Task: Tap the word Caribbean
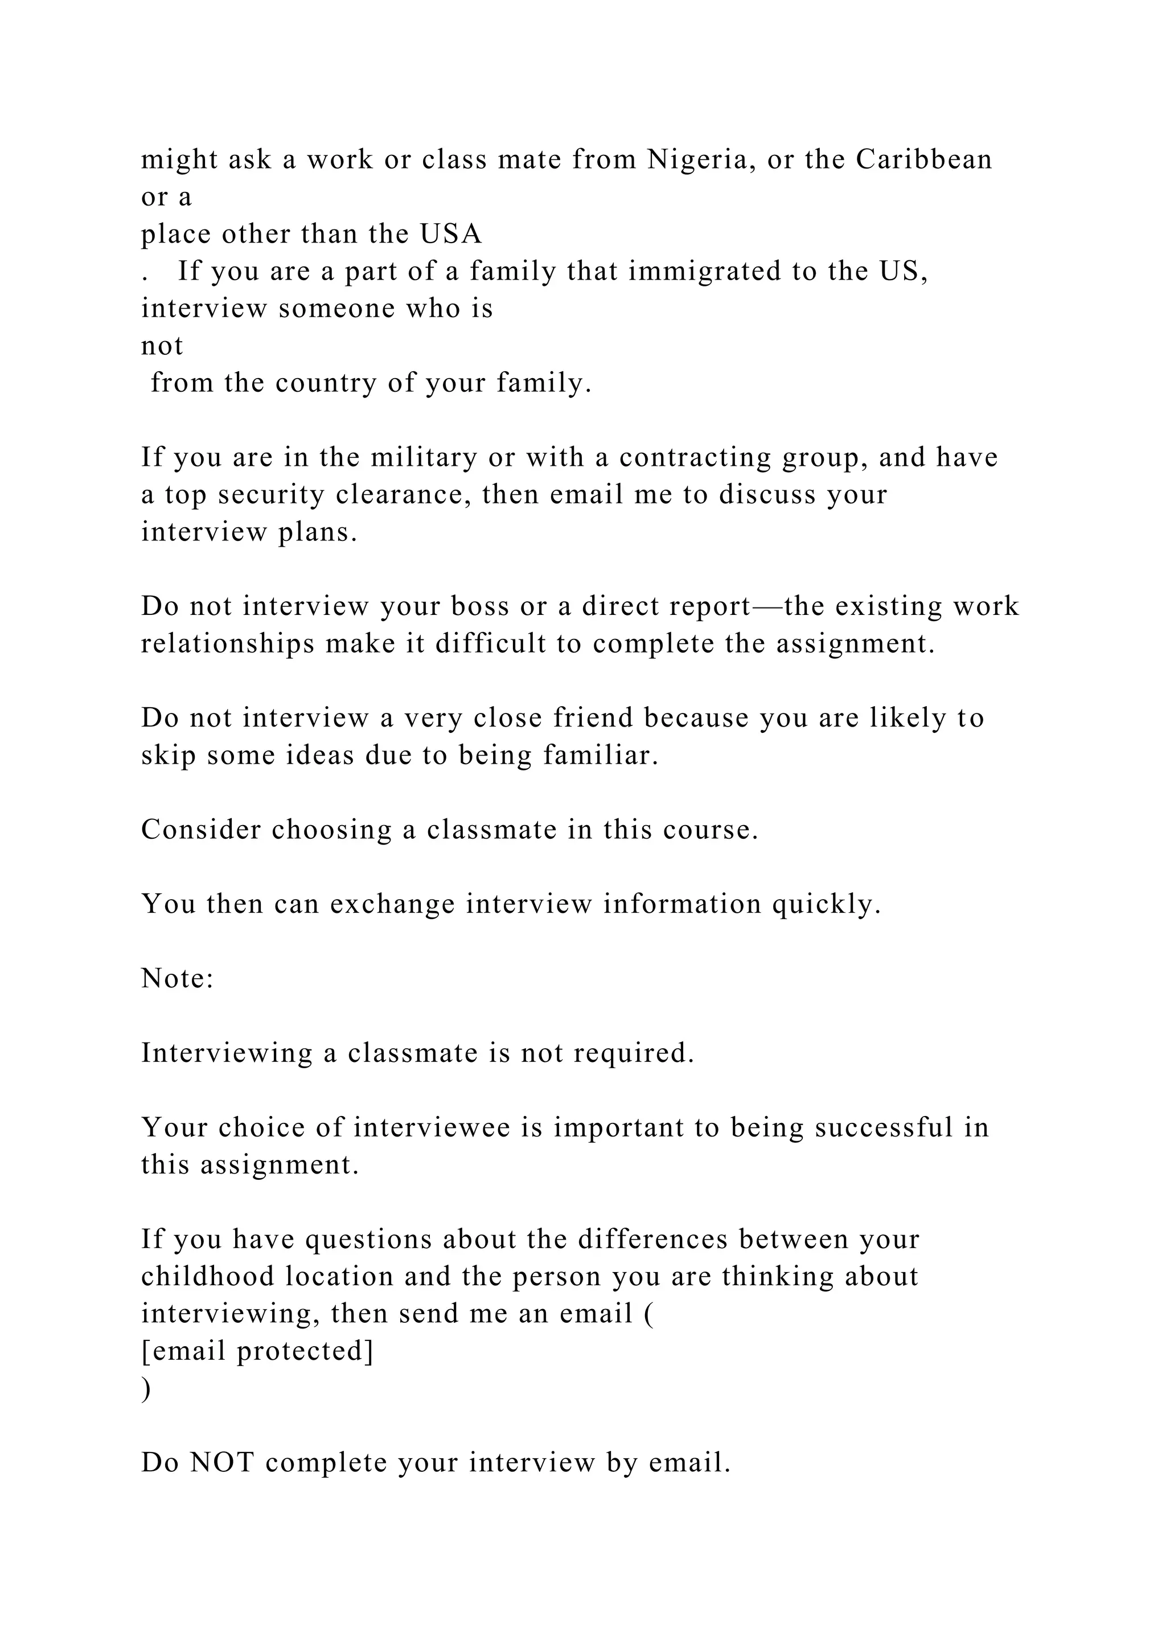(x=924, y=159)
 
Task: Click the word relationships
(x=228, y=643)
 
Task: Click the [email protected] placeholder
(x=257, y=1351)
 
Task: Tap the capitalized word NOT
(x=222, y=1462)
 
